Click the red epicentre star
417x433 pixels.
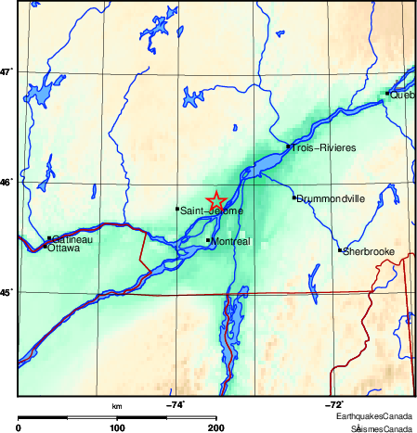(x=215, y=200)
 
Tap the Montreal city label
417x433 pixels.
(x=231, y=242)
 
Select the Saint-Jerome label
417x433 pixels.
(x=212, y=211)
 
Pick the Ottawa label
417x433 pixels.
(x=63, y=248)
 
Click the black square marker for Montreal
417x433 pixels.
(x=208, y=240)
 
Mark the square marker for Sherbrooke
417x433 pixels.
(x=341, y=249)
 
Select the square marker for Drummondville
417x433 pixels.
(x=294, y=197)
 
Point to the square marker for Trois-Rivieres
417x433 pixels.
(x=289, y=146)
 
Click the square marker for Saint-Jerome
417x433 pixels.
(x=176, y=209)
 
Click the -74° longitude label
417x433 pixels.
(x=176, y=404)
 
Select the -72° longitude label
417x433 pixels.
(x=333, y=404)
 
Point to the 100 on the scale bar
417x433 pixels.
(x=117, y=427)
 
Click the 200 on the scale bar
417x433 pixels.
(x=216, y=427)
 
